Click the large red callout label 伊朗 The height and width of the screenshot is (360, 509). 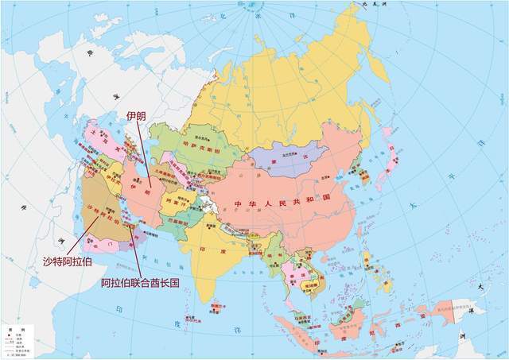click(x=137, y=116)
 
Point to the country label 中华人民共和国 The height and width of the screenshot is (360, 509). click(x=282, y=204)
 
